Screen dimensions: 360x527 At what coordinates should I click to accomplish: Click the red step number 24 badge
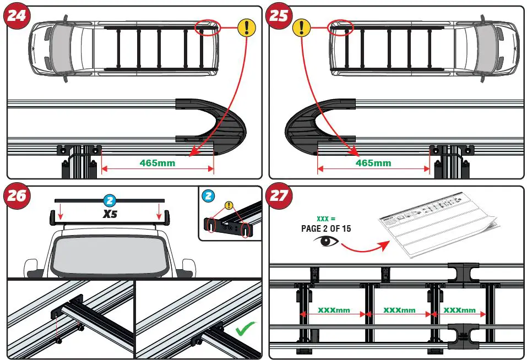17,16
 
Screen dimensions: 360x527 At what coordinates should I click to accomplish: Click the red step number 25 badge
279,16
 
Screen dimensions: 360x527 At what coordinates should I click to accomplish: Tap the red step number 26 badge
17,195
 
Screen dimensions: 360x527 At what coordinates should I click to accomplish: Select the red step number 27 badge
279,196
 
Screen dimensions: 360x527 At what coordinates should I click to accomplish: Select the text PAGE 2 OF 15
326,228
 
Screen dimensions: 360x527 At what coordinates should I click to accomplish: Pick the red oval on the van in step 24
207,28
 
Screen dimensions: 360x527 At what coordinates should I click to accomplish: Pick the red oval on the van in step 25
341,27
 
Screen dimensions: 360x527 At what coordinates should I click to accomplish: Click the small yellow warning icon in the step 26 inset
229,206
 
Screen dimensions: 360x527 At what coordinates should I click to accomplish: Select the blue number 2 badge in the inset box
208,195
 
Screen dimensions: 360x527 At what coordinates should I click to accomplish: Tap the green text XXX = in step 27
325,218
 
